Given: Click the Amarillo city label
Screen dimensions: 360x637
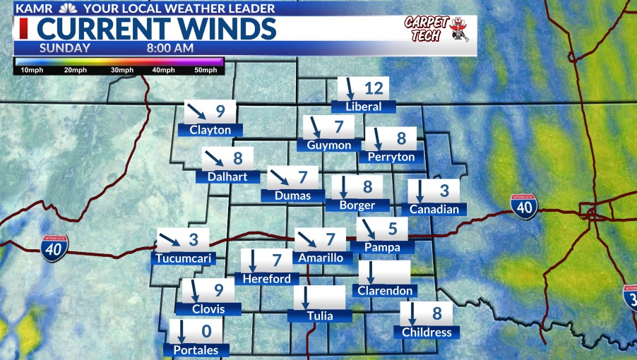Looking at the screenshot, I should click(x=321, y=258).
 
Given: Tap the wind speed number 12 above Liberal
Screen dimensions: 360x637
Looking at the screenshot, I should click(x=373, y=89).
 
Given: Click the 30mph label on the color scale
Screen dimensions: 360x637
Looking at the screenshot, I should click(x=121, y=70).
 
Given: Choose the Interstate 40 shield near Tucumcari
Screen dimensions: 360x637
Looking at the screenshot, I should click(x=54, y=248).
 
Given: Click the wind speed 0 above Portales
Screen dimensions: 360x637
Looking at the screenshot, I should click(x=207, y=331).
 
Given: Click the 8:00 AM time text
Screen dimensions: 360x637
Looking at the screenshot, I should click(x=170, y=48).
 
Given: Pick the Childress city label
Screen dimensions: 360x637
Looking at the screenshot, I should click(x=426, y=332).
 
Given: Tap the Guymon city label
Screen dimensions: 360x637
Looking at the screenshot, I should click(x=329, y=145).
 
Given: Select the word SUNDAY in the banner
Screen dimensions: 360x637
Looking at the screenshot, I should click(x=64, y=48).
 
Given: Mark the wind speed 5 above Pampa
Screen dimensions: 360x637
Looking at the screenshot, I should click(x=393, y=229).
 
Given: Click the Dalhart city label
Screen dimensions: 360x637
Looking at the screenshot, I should click(x=227, y=176).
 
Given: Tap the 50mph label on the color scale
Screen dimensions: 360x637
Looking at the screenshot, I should click(x=206, y=70).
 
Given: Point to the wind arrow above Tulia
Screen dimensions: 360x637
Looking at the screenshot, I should click(x=306, y=297).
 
